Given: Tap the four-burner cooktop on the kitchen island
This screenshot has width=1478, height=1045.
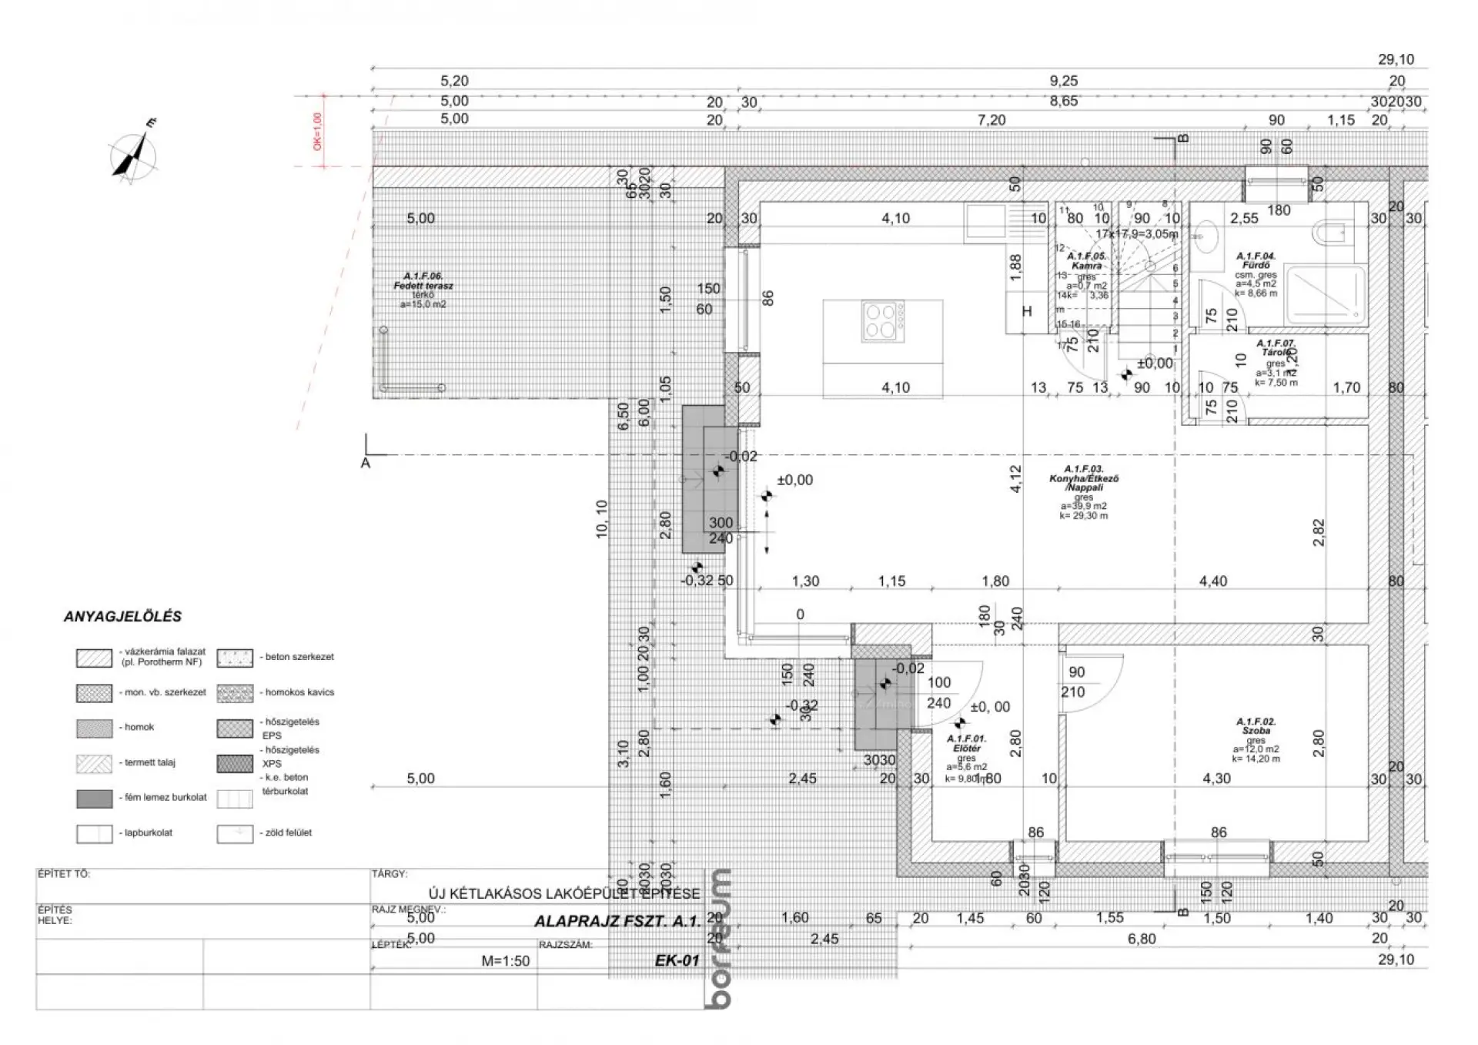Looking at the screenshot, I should click(x=881, y=322).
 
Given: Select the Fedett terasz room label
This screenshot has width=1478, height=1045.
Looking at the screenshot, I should click(x=423, y=281).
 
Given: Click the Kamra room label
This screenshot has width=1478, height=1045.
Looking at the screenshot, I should click(x=1086, y=261).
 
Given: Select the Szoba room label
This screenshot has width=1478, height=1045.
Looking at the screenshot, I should click(x=1256, y=726).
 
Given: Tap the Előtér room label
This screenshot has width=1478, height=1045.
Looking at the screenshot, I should click(x=968, y=743).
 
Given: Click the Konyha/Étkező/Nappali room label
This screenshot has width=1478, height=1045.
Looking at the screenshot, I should click(x=1084, y=478).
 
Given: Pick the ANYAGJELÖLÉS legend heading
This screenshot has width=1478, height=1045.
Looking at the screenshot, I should click(x=122, y=617).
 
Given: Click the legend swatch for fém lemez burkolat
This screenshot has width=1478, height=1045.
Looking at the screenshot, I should click(x=94, y=799).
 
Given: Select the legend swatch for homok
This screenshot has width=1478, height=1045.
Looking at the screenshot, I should click(x=94, y=728).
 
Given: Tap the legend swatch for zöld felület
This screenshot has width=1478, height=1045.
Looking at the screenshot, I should click(x=235, y=834).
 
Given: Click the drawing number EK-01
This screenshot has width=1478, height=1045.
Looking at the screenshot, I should click(x=677, y=960).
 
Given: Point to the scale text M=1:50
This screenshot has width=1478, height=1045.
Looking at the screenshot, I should click(x=505, y=961).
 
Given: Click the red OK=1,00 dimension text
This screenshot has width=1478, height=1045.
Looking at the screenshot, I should click(x=317, y=132).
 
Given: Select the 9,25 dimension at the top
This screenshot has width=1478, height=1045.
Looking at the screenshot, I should click(x=1064, y=81).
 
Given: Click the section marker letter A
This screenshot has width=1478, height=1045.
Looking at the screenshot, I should click(x=365, y=464).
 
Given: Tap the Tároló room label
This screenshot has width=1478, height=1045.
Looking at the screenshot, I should click(x=1276, y=348).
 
